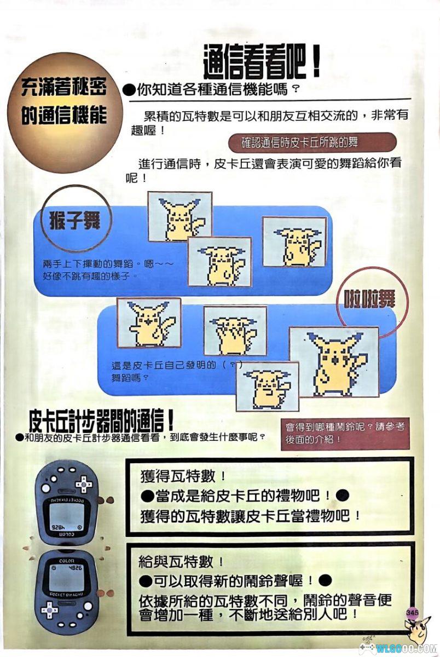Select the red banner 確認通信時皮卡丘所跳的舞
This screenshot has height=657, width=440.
click(312, 142)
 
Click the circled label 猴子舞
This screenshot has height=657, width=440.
click(74, 221)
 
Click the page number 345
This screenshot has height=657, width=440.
click(413, 612)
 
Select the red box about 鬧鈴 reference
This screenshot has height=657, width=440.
click(345, 433)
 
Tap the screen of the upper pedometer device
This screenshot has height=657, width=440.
click(67, 517)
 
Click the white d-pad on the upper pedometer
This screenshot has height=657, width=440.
click(83, 484)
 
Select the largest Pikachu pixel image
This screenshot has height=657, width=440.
click(334, 361)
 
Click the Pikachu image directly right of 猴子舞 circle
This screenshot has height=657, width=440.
click(180, 216)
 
